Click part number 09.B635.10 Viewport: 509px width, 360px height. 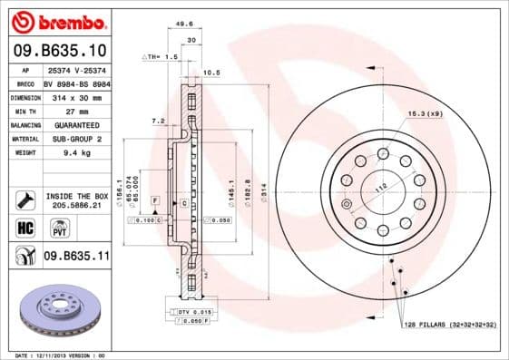tap(60, 50)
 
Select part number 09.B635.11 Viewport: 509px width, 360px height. tap(76, 257)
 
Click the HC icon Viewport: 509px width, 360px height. tap(24, 228)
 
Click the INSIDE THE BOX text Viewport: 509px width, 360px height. tap(76, 195)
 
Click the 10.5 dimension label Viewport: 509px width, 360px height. tap(211, 72)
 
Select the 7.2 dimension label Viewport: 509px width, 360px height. tap(158, 120)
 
